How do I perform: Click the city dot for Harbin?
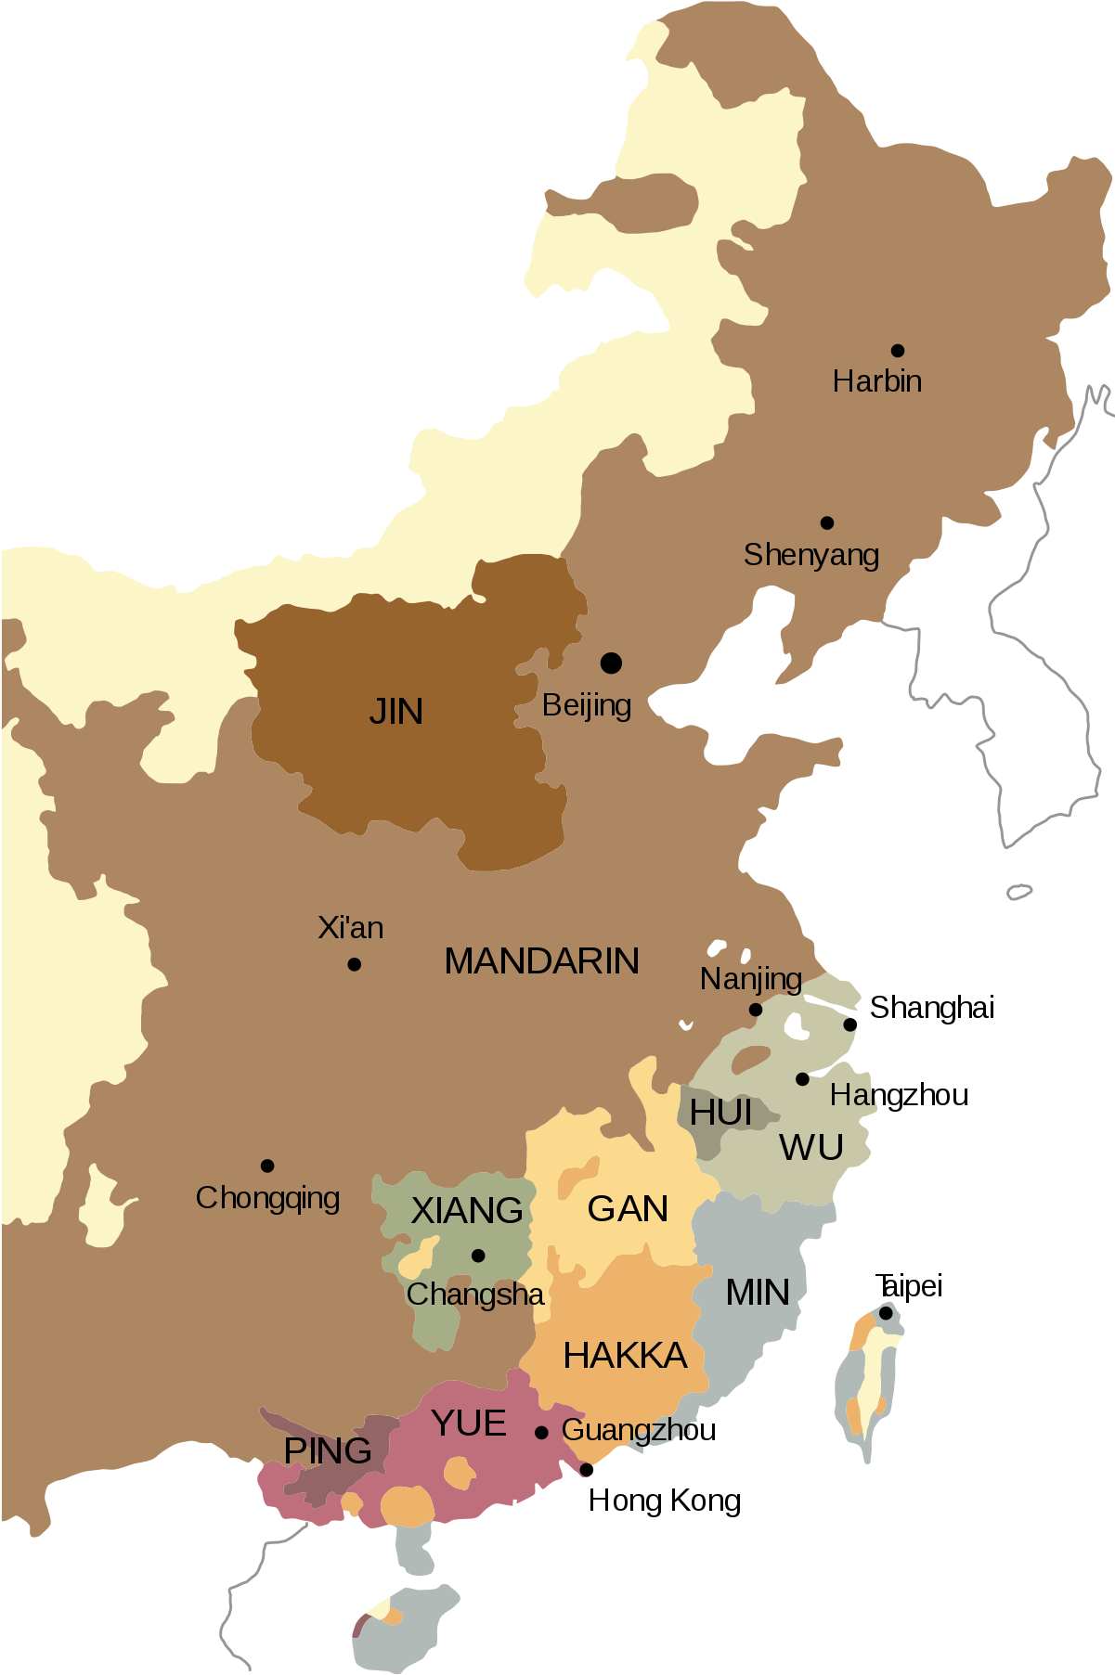[x=898, y=351]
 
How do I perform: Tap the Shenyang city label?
[x=811, y=555]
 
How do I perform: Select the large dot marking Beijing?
[x=611, y=664]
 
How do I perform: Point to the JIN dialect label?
[x=396, y=712]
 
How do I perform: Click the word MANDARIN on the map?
[x=542, y=961]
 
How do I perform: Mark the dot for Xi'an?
[x=354, y=965]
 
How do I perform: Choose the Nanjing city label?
[x=751, y=979]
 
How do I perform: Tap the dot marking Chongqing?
[x=267, y=1166]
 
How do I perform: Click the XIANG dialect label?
[x=467, y=1210]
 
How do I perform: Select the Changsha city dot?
[x=478, y=1256]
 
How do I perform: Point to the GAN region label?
[x=628, y=1209]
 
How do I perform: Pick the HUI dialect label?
[x=720, y=1113]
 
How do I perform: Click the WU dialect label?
[x=811, y=1148]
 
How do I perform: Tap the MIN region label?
[x=758, y=1293]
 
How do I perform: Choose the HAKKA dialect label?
[x=625, y=1356]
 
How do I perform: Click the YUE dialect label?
[x=469, y=1424]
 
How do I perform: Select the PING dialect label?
[x=328, y=1450]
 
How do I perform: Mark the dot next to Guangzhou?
[x=541, y=1433]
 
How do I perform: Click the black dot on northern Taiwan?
[x=886, y=1314]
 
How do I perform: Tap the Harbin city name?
[x=877, y=381]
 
